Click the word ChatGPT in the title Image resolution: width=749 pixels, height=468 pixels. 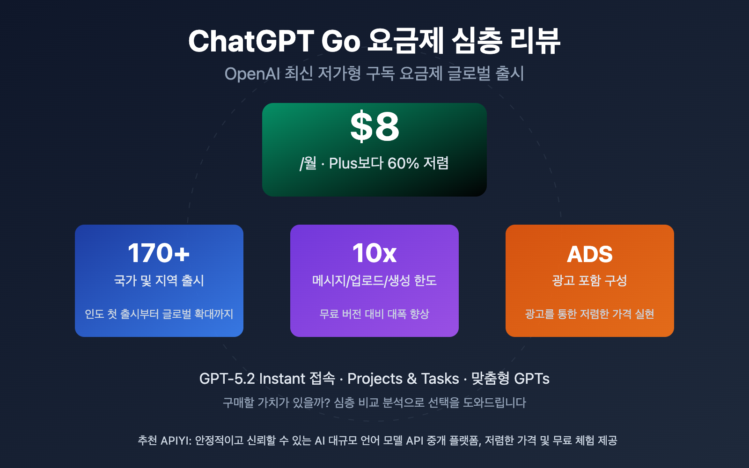pos(251,41)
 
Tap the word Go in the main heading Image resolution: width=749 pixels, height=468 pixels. pos(341,41)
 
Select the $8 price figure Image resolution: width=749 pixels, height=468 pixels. pos(374,127)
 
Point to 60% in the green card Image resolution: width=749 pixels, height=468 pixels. pos(403,163)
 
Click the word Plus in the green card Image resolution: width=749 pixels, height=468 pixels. pos(343,163)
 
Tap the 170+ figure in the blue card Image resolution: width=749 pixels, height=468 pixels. pos(159,253)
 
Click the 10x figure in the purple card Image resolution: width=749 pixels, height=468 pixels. pos(374,253)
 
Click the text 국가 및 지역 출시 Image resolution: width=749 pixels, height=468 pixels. pos(159,280)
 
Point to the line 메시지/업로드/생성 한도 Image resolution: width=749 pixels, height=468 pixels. pos(374,280)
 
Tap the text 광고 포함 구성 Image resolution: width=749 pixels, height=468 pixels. pos(589,280)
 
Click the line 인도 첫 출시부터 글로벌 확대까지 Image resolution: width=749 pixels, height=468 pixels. pos(159,314)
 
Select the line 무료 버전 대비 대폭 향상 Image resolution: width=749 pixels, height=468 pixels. pos(374,314)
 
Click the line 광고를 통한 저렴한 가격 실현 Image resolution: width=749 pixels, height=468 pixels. pos(589,314)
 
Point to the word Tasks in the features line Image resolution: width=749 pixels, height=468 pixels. pos(440,379)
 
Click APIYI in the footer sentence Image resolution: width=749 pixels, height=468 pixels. pos(176,440)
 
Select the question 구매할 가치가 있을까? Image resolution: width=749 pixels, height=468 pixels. pos(276,402)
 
